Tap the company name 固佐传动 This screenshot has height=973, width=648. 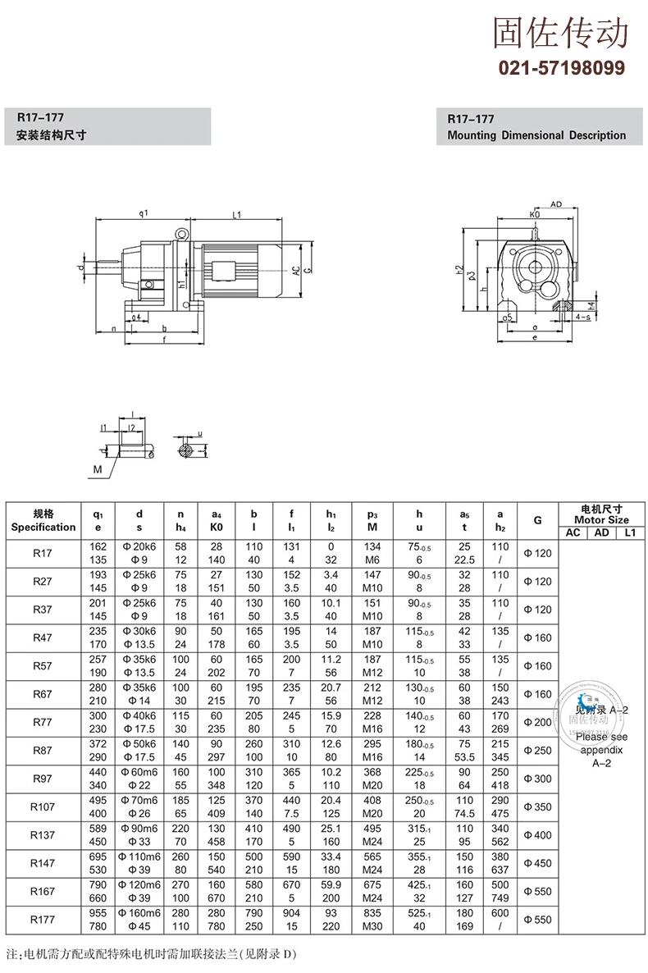coord(561,33)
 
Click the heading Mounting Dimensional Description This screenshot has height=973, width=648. coord(536,135)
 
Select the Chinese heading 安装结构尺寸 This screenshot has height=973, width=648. coord(52,135)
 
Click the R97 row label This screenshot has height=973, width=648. coord(43,779)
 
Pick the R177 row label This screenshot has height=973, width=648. coord(43,920)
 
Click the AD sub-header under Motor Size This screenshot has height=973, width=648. coord(601,532)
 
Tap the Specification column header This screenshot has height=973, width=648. coord(43,520)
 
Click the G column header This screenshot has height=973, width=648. coord(537,520)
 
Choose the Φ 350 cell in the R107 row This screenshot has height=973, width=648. coord(537,806)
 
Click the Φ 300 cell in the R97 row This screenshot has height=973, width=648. coord(537,779)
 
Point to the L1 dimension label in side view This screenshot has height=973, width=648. coord(236,215)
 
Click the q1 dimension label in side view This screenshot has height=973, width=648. coord(144,213)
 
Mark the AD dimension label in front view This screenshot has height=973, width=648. coord(555,203)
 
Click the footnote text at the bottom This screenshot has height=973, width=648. coord(152,955)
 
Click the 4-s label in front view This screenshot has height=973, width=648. coord(583,315)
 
